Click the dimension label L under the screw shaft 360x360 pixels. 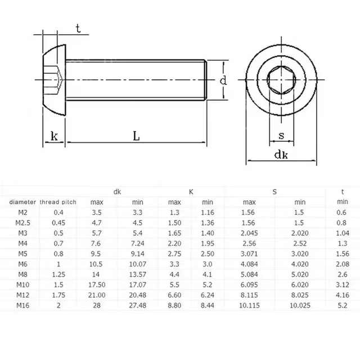pyautogui.click(x=137, y=136)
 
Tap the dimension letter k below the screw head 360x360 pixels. pyautogui.click(x=54, y=136)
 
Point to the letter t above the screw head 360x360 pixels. pyautogui.click(x=78, y=28)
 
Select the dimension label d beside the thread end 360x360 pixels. pyautogui.click(x=223, y=81)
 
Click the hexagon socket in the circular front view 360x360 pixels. pyautogui.click(x=282, y=83)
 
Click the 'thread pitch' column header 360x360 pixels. pyautogui.click(x=58, y=201)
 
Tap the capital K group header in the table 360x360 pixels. pyautogui.click(x=191, y=191)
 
